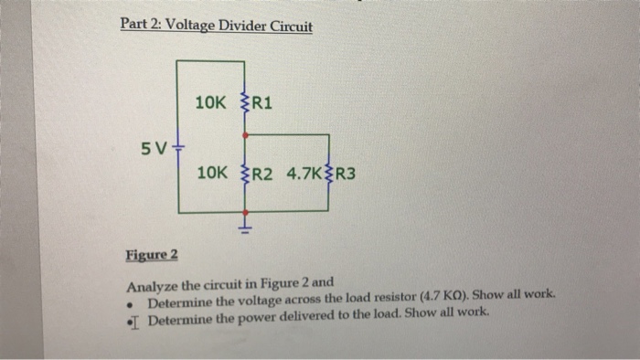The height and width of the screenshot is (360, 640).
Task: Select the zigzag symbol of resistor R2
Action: (x=243, y=171)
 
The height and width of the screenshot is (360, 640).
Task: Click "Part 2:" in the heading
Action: (x=139, y=26)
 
